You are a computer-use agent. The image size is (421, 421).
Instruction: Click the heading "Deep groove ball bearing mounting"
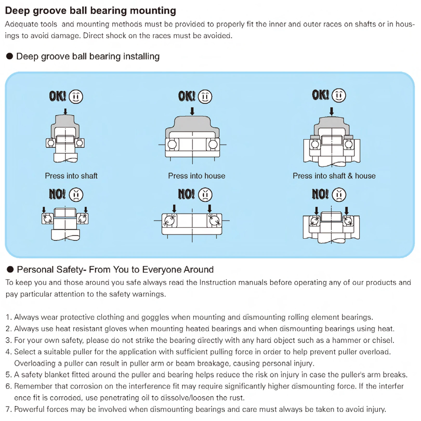[x=90, y=11]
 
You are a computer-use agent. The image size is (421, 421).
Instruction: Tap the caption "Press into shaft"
[x=71, y=176]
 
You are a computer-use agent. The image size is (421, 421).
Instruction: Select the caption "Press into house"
[x=196, y=176]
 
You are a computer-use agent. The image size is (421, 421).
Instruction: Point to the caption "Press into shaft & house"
[x=334, y=176]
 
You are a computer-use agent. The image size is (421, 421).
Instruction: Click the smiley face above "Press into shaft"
[x=76, y=97]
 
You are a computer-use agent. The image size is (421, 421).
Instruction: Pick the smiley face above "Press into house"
[x=205, y=97]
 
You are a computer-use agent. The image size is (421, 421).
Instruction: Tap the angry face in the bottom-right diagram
[x=339, y=195]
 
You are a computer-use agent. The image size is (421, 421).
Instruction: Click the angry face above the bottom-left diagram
[x=76, y=195]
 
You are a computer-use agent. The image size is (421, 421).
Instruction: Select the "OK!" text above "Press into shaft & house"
[x=320, y=95]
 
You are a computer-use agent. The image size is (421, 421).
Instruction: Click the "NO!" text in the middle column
[x=186, y=194]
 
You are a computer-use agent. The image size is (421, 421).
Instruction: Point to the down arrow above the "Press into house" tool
[x=192, y=111]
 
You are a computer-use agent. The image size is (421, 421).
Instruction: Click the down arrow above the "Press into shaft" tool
[x=65, y=111]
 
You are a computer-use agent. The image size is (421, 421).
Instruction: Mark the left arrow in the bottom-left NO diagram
[x=44, y=210]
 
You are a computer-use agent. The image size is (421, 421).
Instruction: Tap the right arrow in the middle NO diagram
[x=209, y=208]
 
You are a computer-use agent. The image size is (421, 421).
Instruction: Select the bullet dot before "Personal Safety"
[x=10, y=269]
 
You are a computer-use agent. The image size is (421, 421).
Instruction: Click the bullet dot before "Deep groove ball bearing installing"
[x=10, y=56]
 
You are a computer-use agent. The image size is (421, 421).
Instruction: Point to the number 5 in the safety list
[x=8, y=375]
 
